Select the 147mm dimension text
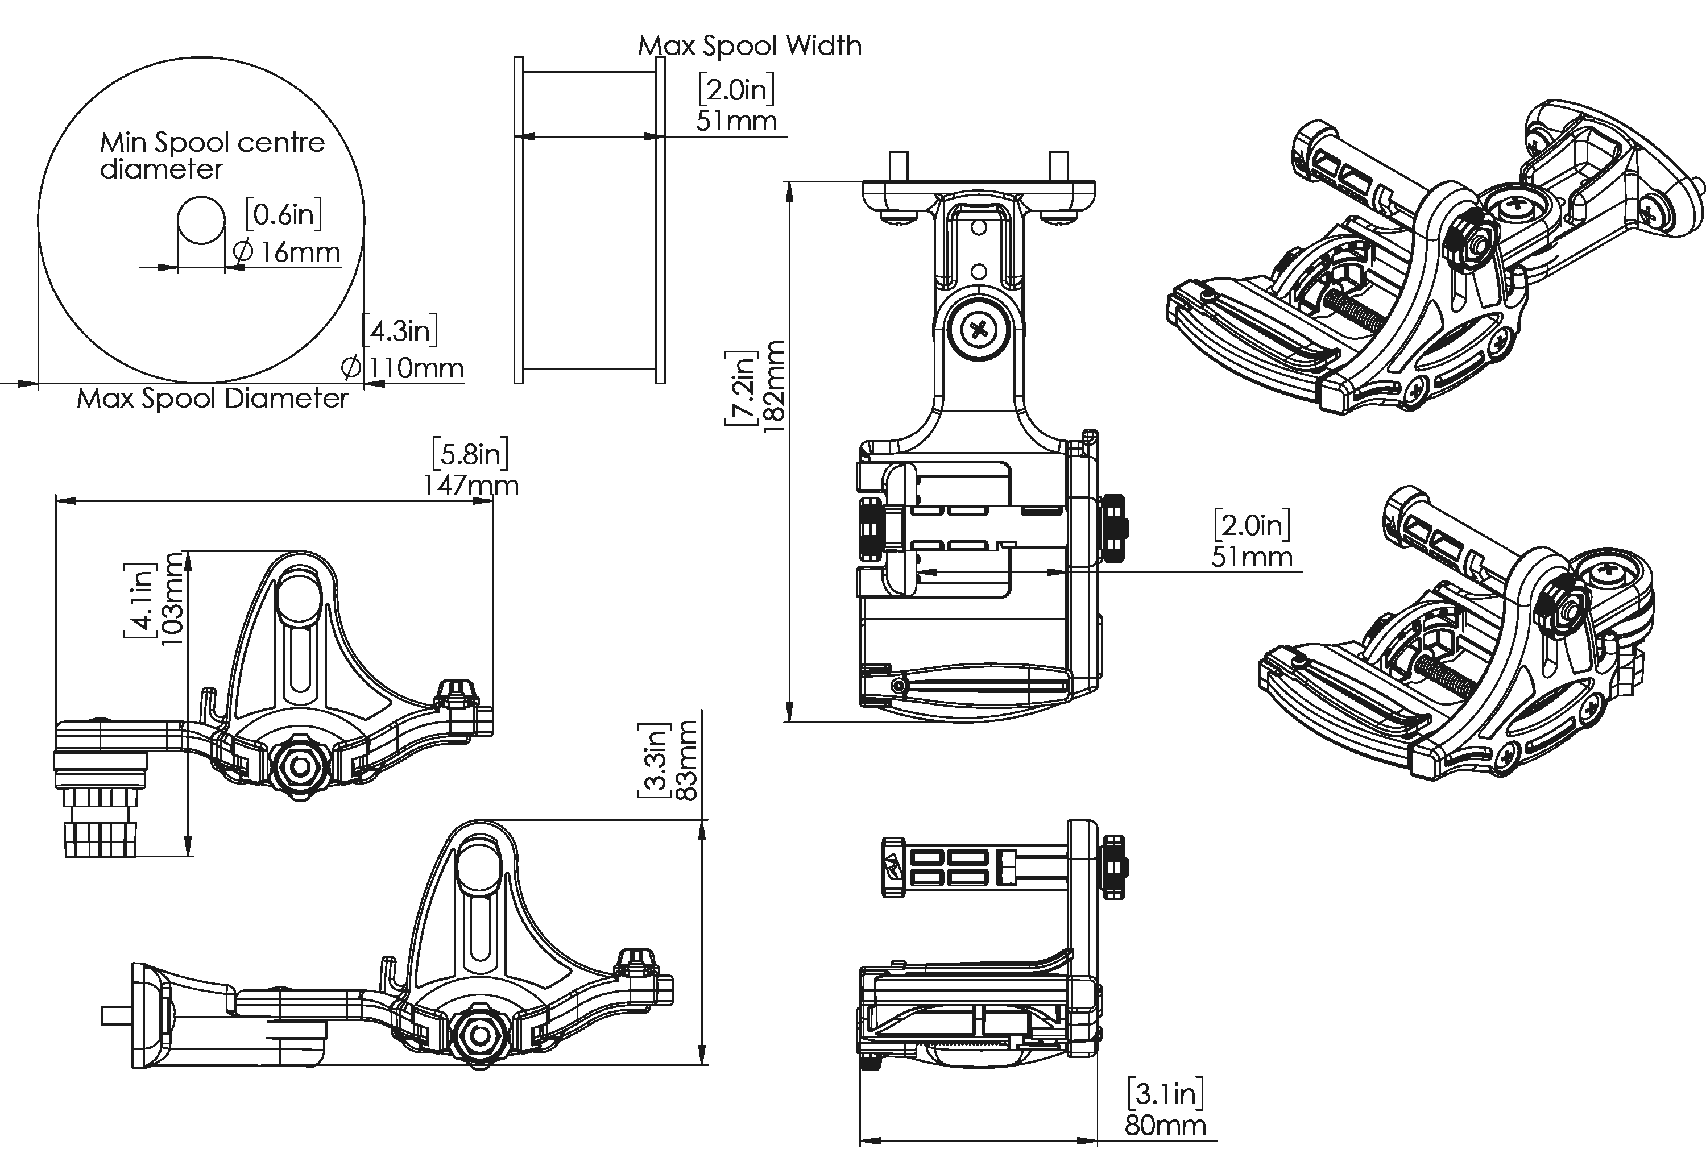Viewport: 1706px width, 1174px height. pyautogui.click(x=471, y=486)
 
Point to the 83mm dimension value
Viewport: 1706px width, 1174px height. pyautogui.click(x=686, y=760)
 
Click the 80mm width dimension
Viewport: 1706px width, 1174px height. pyautogui.click(x=1165, y=1126)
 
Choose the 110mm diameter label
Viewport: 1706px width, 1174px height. pyautogui.click(x=404, y=367)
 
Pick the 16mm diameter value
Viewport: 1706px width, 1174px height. pyautogui.click(x=287, y=252)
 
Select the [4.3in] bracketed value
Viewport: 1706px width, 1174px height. pyautogui.click(x=400, y=330)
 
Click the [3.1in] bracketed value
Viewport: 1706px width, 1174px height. pyautogui.click(x=1166, y=1094)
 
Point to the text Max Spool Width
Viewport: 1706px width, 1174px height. pyautogui.click(x=750, y=45)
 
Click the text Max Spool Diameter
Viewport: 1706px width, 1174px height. pyautogui.click(x=213, y=398)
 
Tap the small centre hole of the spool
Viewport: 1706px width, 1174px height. pyautogui.click(x=201, y=219)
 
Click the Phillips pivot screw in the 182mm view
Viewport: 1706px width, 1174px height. pyautogui.click(x=979, y=330)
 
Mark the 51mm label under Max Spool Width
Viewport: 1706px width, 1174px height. pyautogui.click(x=736, y=121)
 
